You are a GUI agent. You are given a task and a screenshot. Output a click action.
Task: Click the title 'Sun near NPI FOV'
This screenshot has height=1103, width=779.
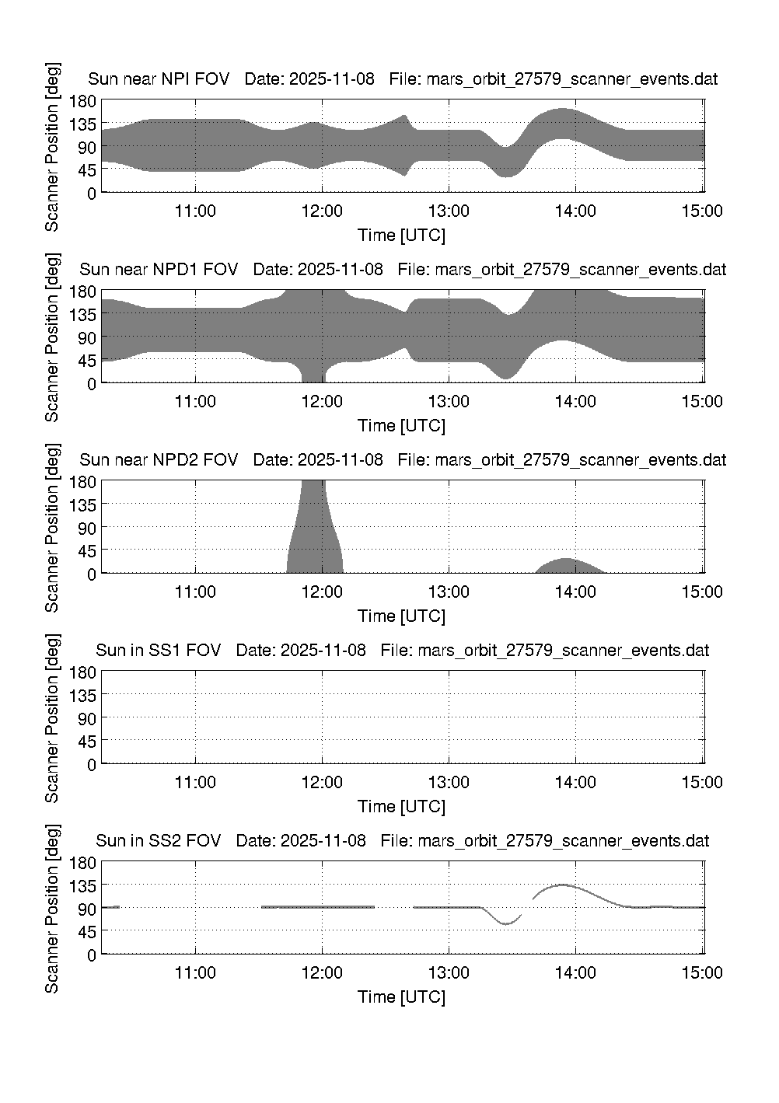(x=159, y=79)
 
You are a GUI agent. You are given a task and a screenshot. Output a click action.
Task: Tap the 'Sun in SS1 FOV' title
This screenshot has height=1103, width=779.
(x=159, y=651)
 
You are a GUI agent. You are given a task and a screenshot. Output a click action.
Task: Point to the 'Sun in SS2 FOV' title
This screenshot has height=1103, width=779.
(x=159, y=841)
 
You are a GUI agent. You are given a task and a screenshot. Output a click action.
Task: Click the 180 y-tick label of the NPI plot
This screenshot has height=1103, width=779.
(x=83, y=100)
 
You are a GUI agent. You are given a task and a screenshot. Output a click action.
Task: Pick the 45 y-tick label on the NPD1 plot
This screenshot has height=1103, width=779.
(x=87, y=361)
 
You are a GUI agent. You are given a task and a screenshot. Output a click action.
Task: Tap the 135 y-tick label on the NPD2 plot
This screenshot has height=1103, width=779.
(x=83, y=504)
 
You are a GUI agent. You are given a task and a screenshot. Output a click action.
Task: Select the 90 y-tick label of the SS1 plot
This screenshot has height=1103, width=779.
(x=87, y=718)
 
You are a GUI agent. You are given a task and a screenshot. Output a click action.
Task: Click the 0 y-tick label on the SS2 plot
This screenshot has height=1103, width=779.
(x=92, y=955)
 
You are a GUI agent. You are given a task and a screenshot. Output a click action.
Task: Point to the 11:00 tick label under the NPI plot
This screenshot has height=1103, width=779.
(x=195, y=211)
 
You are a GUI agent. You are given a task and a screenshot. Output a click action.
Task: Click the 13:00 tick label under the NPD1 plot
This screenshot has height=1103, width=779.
(x=449, y=402)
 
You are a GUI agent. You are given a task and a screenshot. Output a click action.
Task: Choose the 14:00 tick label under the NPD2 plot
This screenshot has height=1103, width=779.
(x=575, y=592)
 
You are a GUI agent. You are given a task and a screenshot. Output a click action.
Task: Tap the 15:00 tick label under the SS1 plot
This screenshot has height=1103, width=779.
(x=702, y=783)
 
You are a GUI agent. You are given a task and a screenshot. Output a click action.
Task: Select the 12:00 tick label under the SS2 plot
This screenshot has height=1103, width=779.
(x=322, y=973)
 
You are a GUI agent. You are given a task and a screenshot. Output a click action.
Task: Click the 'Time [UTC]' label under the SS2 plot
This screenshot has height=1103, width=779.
(x=401, y=997)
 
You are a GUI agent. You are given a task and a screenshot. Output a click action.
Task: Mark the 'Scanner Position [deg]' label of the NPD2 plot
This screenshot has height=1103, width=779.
(x=52, y=527)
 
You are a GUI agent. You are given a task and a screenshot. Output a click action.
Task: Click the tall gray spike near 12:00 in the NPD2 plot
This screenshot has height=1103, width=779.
(x=313, y=529)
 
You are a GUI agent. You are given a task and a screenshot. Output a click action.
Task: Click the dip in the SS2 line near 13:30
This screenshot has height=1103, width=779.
(x=505, y=923)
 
